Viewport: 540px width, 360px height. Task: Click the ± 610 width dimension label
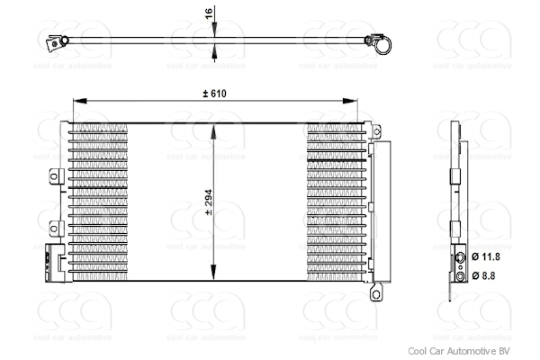pos(215,94)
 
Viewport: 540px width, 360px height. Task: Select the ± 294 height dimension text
pos(208,205)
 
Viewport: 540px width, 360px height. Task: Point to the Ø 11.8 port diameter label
pos(485,257)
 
